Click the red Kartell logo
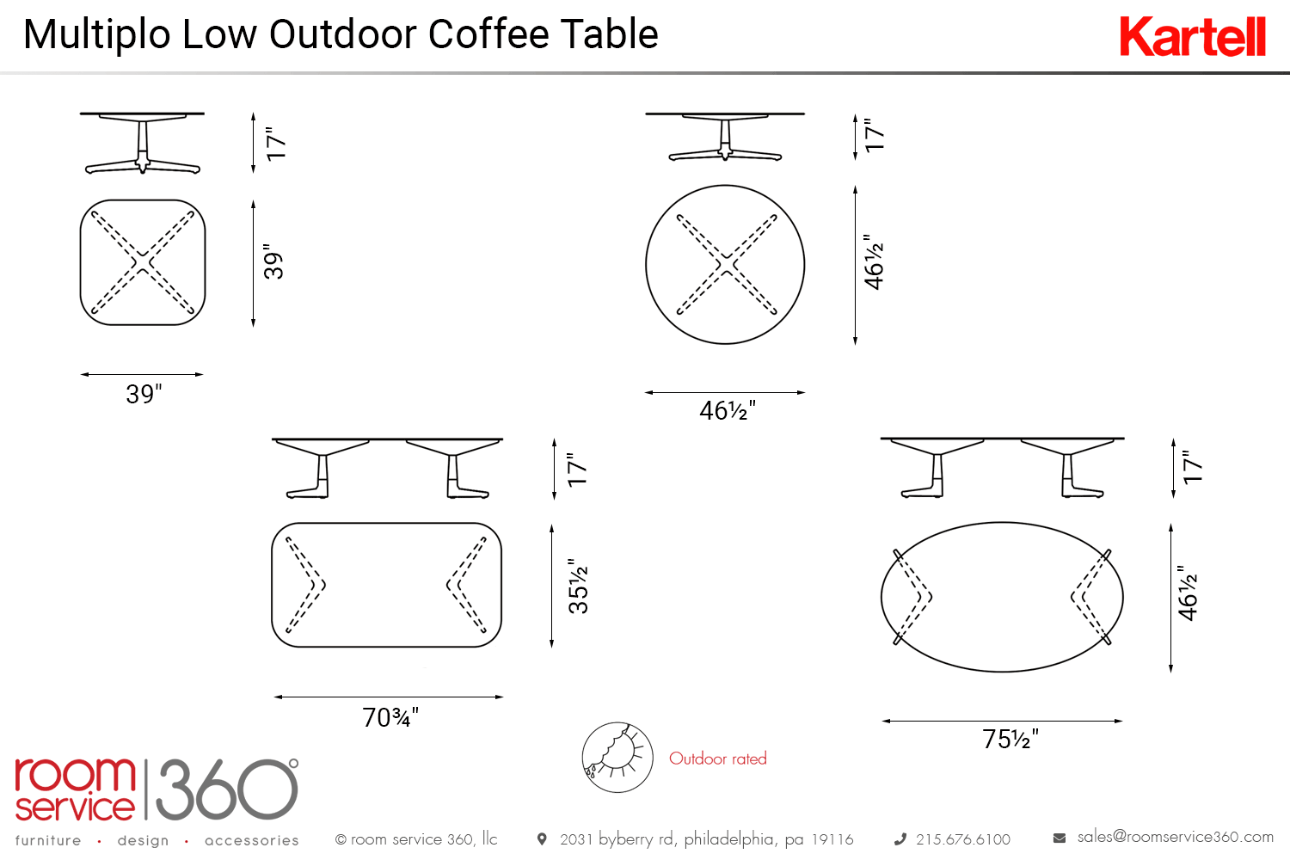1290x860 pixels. (x=1192, y=36)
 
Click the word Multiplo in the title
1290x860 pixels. (x=96, y=35)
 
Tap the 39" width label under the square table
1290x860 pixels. (x=144, y=394)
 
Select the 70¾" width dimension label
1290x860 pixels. (x=390, y=718)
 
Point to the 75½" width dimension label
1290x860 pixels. (x=1010, y=739)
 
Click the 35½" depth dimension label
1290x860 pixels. (x=578, y=586)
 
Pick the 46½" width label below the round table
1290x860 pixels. (x=728, y=411)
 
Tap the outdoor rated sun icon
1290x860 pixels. (x=617, y=758)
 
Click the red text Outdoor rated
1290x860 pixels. (x=717, y=758)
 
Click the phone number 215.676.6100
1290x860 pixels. (x=963, y=839)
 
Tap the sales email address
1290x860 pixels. (x=1175, y=837)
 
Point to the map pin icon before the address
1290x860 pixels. (x=542, y=838)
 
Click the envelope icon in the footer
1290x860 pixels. (x=1060, y=838)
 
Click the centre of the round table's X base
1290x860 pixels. (x=726, y=265)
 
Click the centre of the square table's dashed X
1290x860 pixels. (x=143, y=262)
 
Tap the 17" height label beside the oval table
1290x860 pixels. (x=1193, y=467)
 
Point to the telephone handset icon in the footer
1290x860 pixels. (x=900, y=839)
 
